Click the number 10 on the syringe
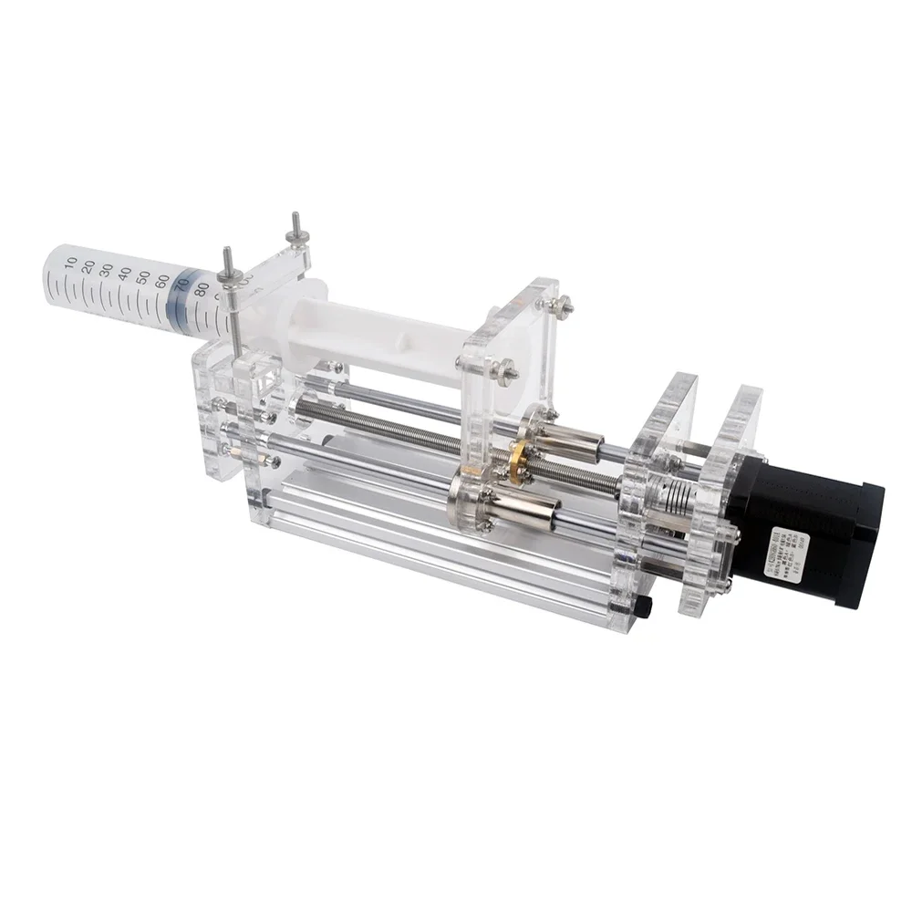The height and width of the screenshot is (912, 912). (72, 263)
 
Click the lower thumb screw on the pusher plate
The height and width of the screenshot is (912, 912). (504, 369)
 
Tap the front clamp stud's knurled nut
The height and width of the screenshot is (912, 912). (229, 273)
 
